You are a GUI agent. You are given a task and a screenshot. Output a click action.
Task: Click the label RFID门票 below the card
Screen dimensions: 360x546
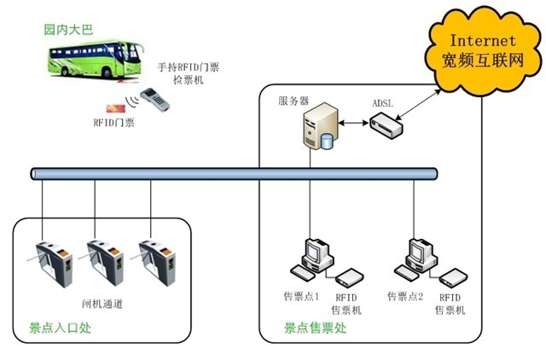(x=113, y=125)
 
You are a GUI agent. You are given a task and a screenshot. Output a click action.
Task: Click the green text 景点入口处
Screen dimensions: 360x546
(x=55, y=327)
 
